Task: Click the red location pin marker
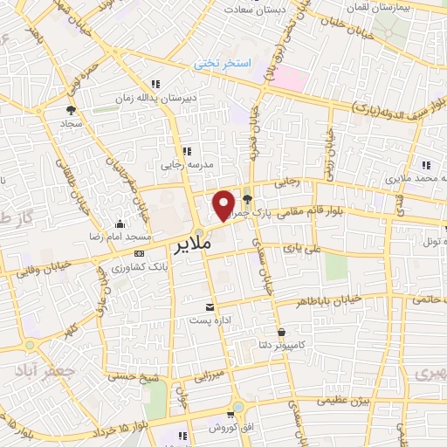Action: [224, 204]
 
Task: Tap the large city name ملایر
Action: [193, 244]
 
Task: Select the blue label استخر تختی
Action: [222, 65]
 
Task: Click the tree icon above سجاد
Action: [71, 110]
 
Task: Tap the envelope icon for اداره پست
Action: [210, 306]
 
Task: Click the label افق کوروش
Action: [228, 430]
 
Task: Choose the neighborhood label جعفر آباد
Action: [36, 370]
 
